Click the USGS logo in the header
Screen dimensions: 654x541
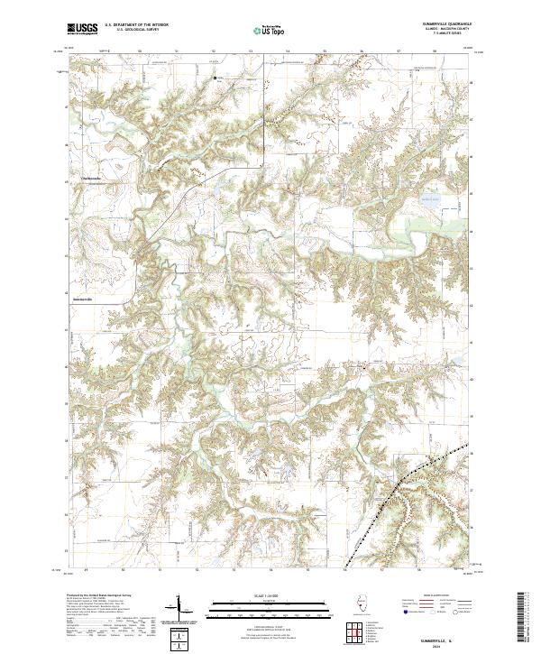(81, 30)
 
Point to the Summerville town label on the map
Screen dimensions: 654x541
(83, 300)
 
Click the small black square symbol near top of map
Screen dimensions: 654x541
(215, 78)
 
